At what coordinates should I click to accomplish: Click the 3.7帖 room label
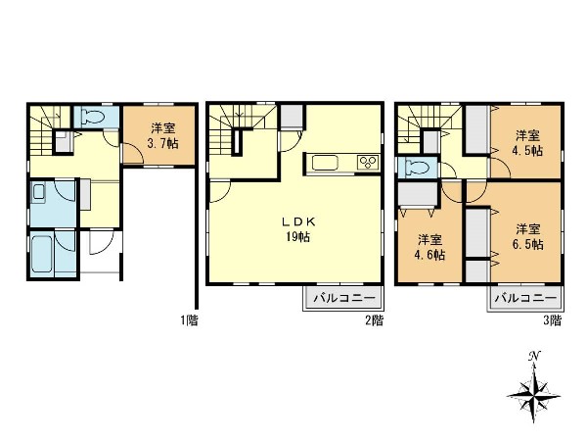click(163, 143)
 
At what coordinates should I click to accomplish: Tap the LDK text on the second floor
click(298, 222)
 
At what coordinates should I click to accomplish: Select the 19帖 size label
click(298, 237)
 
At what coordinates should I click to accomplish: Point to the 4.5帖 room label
click(527, 150)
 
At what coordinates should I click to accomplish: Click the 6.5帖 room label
click(528, 244)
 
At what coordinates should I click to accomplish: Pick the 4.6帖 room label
click(429, 255)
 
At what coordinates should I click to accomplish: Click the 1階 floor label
click(189, 320)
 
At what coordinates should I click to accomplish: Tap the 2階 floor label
click(375, 320)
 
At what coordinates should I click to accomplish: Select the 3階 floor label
click(553, 320)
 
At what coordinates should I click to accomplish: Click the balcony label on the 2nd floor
click(344, 299)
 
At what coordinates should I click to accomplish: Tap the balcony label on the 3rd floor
click(525, 299)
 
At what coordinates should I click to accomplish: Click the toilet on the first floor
click(93, 117)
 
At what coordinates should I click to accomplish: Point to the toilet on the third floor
click(418, 168)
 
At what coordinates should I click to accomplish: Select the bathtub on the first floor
click(41, 255)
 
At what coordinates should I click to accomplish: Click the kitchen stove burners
click(368, 163)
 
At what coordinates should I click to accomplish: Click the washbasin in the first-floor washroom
click(38, 192)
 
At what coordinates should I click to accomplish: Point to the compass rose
click(534, 395)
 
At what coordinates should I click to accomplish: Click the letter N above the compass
click(534, 356)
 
